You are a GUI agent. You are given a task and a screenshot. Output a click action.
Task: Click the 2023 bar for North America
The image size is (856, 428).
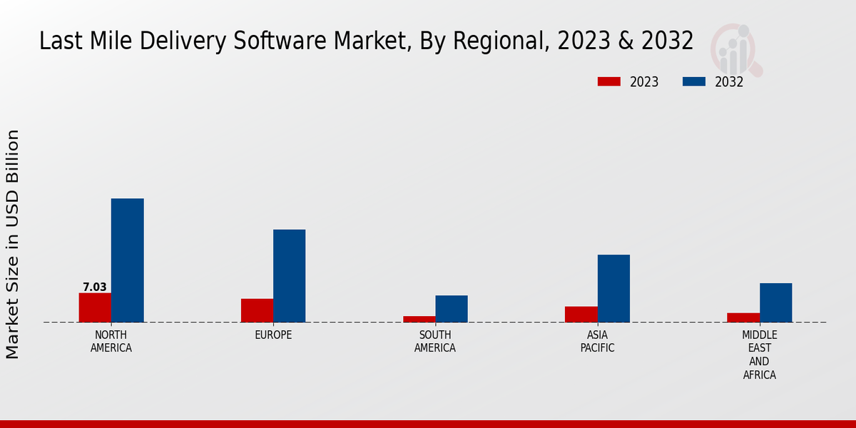click(95, 307)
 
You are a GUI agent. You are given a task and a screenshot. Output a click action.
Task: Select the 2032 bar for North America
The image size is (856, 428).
click(127, 260)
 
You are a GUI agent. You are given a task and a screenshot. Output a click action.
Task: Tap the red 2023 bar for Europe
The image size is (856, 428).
click(257, 310)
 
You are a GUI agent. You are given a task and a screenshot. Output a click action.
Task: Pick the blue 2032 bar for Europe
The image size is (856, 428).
click(289, 276)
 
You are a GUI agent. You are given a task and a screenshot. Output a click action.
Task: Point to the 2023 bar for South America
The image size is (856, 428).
click(419, 319)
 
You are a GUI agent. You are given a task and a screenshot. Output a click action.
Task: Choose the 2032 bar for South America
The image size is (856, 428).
click(452, 309)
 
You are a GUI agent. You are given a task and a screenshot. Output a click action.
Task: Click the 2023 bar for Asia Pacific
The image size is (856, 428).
click(581, 315)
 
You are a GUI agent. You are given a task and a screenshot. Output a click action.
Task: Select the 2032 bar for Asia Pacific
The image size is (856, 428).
click(613, 288)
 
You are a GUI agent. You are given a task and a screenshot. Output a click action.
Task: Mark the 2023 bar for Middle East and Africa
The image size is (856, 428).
click(743, 317)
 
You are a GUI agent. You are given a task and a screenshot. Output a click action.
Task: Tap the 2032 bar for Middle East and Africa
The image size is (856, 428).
click(775, 302)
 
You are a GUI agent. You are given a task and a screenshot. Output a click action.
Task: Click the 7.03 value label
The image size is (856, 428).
click(95, 287)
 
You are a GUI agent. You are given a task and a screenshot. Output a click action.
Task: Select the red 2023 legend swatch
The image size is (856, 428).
click(609, 82)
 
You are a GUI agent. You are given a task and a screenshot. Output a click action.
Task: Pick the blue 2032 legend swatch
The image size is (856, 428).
click(694, 82)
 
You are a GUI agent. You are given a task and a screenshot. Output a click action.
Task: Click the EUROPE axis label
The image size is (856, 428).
click(273, 335)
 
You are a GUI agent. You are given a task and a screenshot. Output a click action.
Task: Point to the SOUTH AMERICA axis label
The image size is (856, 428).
click(435, 342)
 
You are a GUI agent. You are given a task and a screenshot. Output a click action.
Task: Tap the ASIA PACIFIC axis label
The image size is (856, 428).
click(597, 342)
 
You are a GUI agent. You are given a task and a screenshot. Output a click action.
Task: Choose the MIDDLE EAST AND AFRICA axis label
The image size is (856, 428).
click(759, 355)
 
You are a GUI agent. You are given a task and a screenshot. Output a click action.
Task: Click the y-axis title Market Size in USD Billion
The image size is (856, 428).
click(13, 244)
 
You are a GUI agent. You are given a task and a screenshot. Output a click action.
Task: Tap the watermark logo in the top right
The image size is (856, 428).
click(735, 49)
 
